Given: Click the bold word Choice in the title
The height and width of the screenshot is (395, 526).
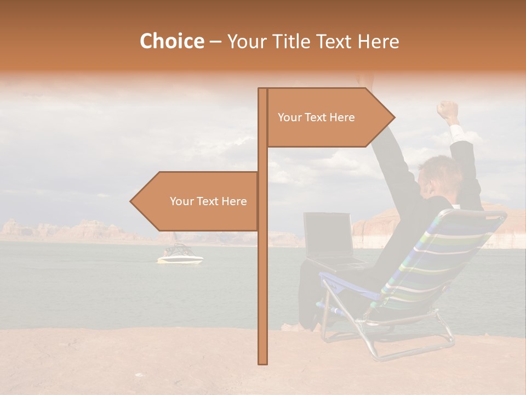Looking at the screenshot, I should click(171, 42).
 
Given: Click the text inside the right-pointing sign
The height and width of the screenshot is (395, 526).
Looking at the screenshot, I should click(316, 117).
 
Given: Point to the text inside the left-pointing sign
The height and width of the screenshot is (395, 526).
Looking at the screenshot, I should click(208, 201).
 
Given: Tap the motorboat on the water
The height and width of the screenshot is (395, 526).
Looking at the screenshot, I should click(180, 255).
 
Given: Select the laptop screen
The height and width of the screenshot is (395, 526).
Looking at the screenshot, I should click(327, 235).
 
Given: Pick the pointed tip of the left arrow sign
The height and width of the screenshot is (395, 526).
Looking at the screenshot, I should click(132, 201).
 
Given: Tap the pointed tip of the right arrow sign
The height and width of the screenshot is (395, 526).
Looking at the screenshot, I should click(393, 117).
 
